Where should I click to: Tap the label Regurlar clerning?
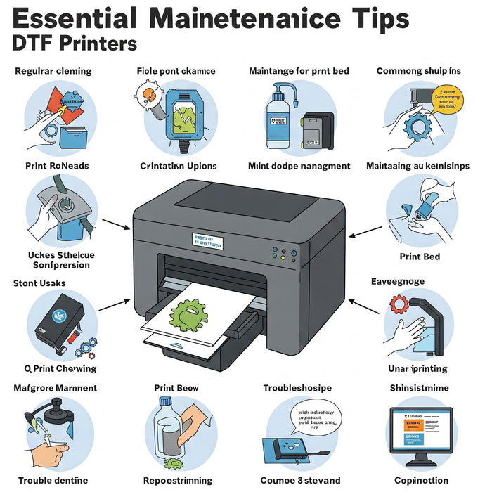coord(53,71)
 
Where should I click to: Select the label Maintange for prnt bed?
coord(299,71)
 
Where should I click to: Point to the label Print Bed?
coord(420,257)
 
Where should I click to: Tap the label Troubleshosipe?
coord(298,388)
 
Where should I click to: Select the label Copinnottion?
coord(420,481)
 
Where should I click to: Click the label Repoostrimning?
coord(177,481)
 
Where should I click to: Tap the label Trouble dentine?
coord(53,481)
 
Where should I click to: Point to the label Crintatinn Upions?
coord(178,167)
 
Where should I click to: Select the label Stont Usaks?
coord(40,283)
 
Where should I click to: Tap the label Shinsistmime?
coord(420,388)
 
